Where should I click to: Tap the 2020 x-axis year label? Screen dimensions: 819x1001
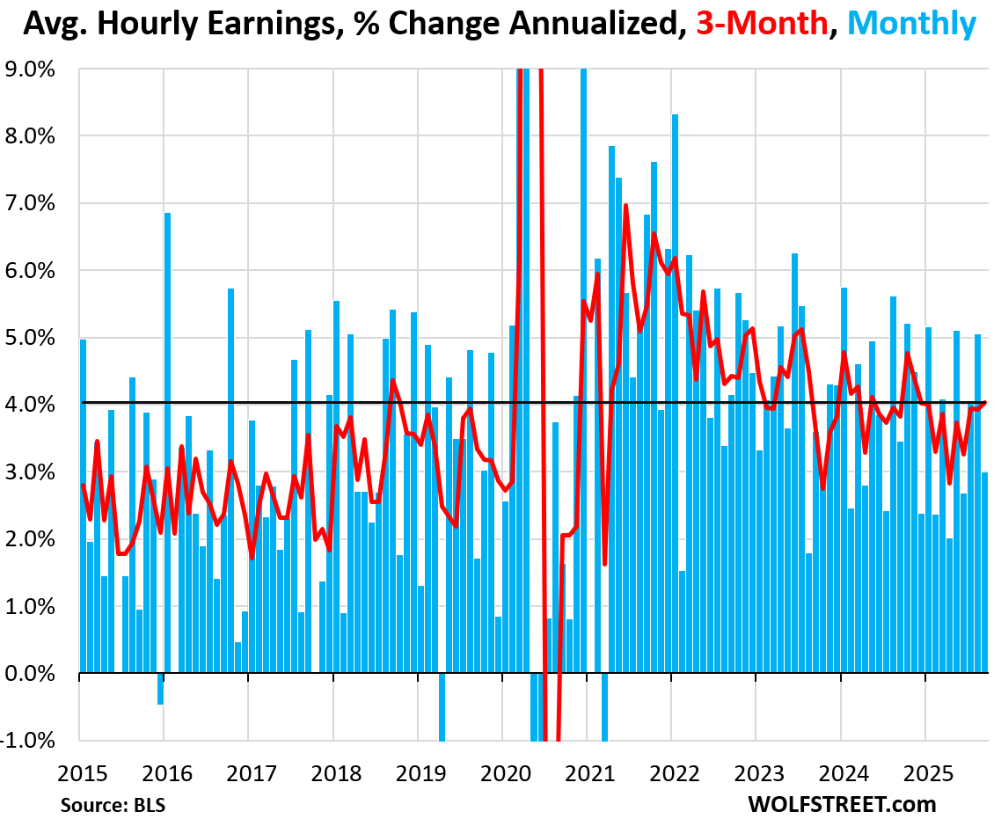click(503, 774)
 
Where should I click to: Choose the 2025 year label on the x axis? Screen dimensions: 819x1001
click(925, 774)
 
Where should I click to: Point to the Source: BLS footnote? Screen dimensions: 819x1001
click(113, 804)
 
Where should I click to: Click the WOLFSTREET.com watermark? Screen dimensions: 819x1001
click(842, 804)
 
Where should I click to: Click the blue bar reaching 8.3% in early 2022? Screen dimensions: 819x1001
click(675, 396)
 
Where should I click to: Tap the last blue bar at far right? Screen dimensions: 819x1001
click(984, 572)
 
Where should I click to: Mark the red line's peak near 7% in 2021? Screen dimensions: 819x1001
click(625, 206)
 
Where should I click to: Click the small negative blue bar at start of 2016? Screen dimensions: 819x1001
click(160, 689)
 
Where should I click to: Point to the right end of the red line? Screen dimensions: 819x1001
click(984, 403)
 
